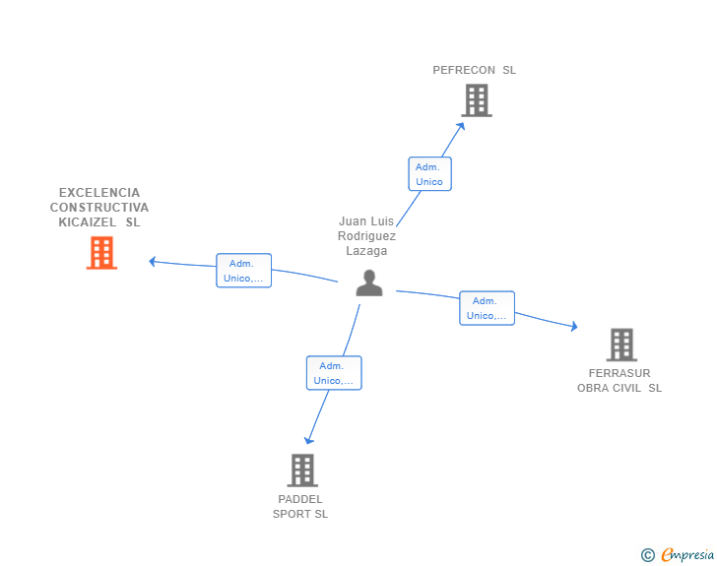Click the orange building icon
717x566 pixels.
(x=101, y=253)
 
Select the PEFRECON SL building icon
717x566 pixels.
(x=476, y=100)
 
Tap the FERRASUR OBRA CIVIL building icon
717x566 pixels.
(x=620, y=345)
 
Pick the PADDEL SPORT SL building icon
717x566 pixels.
(x=302, y=470)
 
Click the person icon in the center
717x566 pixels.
(x=369, y=283)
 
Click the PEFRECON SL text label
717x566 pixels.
(x=474, y=70)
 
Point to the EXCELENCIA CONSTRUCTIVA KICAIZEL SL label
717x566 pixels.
(x=99, y=207)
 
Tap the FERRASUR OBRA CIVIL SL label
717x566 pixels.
(x=619, y=380)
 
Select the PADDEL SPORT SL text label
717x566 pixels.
(x=300, y=506)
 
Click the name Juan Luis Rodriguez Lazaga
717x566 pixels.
(x=366, y=236)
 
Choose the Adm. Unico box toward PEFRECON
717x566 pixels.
(x=429, y=174)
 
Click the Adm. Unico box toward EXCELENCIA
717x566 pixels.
(x=243, y=271)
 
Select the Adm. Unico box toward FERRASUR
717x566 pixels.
(x=487, y=308)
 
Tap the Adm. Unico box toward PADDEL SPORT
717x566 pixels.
(x=333, y=373)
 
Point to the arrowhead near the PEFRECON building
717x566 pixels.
(x=462, y=125)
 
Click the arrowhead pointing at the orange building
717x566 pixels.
(x=153, y=261)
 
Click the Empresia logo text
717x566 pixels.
(x=687, y=555)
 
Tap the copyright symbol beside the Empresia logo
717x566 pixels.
(x=648, y=555)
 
